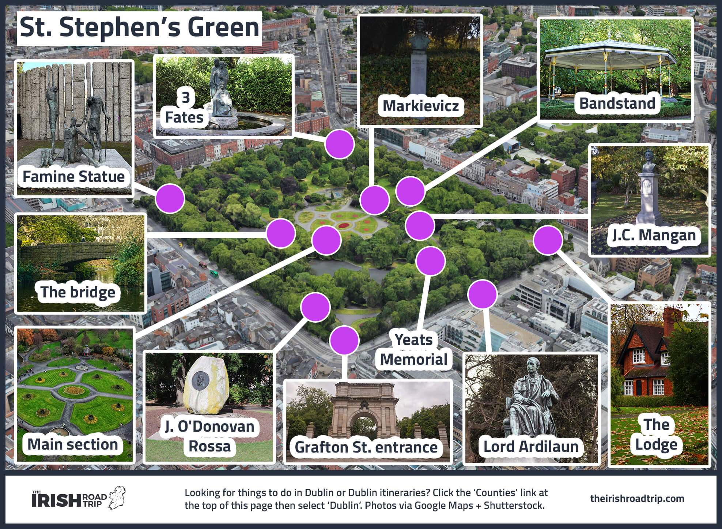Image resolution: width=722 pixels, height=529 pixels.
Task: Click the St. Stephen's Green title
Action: click(x=139, y=28)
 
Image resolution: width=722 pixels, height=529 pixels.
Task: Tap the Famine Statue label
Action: click(x=73, y=177)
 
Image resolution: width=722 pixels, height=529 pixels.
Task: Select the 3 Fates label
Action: click(x=185, y=108)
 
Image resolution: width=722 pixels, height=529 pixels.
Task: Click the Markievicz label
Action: click(x=420, y=106)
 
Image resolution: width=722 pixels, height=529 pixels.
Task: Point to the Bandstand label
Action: click(x=617, y=103)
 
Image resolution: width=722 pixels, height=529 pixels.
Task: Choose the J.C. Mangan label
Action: click(x=654, y=235)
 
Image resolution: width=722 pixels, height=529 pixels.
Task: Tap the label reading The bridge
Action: click(x=78, y=292)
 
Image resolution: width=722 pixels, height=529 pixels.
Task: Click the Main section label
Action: click(x=73, y=444)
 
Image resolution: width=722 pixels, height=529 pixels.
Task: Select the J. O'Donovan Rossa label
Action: click(x=209, y=436)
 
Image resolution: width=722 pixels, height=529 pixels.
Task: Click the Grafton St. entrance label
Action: click(x=366, y=447)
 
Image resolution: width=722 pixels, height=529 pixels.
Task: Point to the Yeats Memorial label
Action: click(x=414, y=350)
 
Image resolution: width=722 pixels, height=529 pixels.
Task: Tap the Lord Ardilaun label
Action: click(x=531, y=446)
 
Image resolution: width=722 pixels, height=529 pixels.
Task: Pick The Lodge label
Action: click(x=656, y=435)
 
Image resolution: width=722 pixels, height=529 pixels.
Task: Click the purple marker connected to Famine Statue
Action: click(x=170, y=199)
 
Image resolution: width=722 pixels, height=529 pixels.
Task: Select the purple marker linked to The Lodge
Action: click(x=548, y=240)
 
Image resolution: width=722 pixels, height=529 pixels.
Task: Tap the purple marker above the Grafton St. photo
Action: click(x=344, y=341)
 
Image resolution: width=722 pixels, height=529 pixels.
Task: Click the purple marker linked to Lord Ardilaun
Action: click(x=483, y=294)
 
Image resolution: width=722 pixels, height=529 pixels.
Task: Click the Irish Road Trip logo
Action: click(x=78, y=498)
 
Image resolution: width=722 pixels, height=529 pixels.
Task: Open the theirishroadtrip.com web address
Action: click(x=637, y=498)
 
